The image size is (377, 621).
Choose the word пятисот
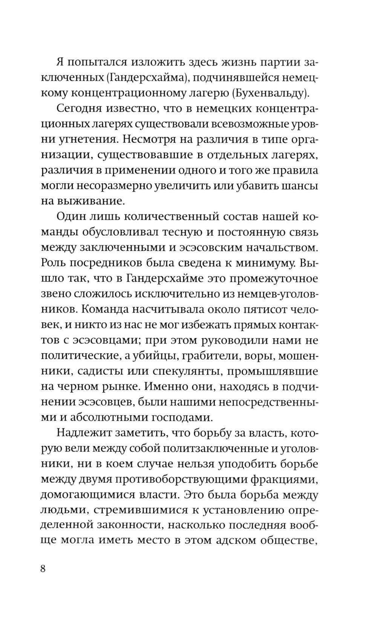[263, 309]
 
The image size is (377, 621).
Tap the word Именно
[165, 386]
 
